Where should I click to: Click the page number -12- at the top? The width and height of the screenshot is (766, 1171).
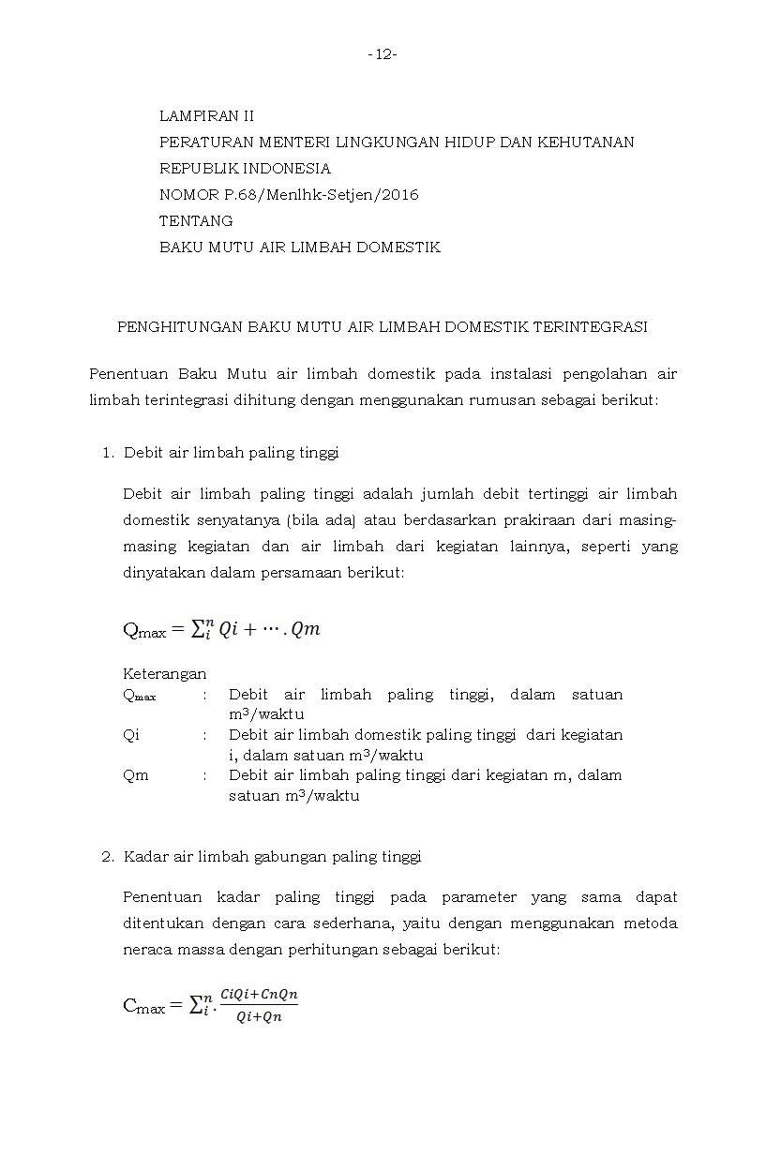tap(383, 55)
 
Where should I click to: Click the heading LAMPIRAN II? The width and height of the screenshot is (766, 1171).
tap(206, 116)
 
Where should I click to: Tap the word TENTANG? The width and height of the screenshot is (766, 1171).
tap(196, 221)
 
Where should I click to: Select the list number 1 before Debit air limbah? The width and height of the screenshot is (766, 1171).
tap(106, 453)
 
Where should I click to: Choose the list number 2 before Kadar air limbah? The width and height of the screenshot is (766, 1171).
tap(106, 857)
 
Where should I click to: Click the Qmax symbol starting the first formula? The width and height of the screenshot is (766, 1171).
tap(143, 631)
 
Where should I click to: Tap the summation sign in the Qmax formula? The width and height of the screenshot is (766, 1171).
tap(200, 629)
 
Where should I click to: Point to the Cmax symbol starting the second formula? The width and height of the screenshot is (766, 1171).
tap(143, 1008)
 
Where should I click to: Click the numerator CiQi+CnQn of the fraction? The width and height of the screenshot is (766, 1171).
tap(259, 995)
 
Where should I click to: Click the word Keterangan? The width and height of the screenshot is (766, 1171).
tap(164, 674)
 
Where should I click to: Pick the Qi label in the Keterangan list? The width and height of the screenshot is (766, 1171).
tap(131, 735)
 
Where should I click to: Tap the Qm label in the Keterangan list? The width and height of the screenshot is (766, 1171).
tap(135, 775)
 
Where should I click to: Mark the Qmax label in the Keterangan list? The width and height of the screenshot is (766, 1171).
tap(140, 696)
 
